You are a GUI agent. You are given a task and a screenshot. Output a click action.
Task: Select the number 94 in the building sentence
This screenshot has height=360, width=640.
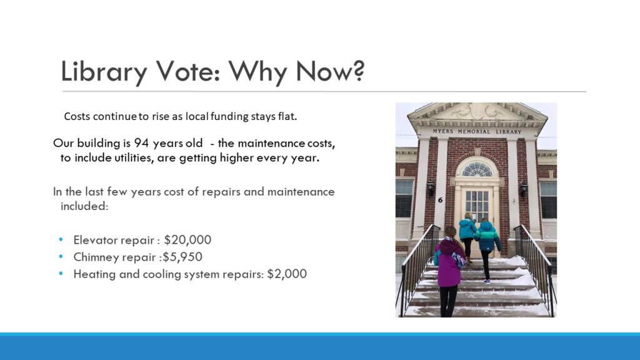coord(142,143)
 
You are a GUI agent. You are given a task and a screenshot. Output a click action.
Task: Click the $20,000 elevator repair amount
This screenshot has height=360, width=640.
coord(187,240)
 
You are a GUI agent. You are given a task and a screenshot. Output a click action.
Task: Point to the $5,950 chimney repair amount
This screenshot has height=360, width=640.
coord(182,257)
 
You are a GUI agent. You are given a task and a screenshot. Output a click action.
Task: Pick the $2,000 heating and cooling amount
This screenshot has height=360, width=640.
coord(287,274)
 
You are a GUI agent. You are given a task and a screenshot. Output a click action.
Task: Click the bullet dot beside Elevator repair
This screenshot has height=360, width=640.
coord(61,239)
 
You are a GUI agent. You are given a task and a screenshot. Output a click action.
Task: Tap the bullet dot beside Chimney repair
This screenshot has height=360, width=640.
coord(61,257)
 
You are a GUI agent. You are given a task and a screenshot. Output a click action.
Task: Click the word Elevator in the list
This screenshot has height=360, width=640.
coord(92,240)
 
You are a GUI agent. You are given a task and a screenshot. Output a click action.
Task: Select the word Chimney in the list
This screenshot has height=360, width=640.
coord(93,257)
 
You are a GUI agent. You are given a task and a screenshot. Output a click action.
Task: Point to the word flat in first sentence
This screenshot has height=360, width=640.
coord(287,116)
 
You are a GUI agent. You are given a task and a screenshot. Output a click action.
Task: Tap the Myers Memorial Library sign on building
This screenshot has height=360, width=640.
coord(477,132)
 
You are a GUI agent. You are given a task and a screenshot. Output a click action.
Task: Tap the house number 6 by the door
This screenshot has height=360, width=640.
coord(440,200)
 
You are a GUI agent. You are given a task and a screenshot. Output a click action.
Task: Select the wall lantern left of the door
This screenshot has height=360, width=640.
coord(431,189)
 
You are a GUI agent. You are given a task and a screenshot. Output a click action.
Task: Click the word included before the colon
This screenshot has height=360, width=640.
coord(84,206)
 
